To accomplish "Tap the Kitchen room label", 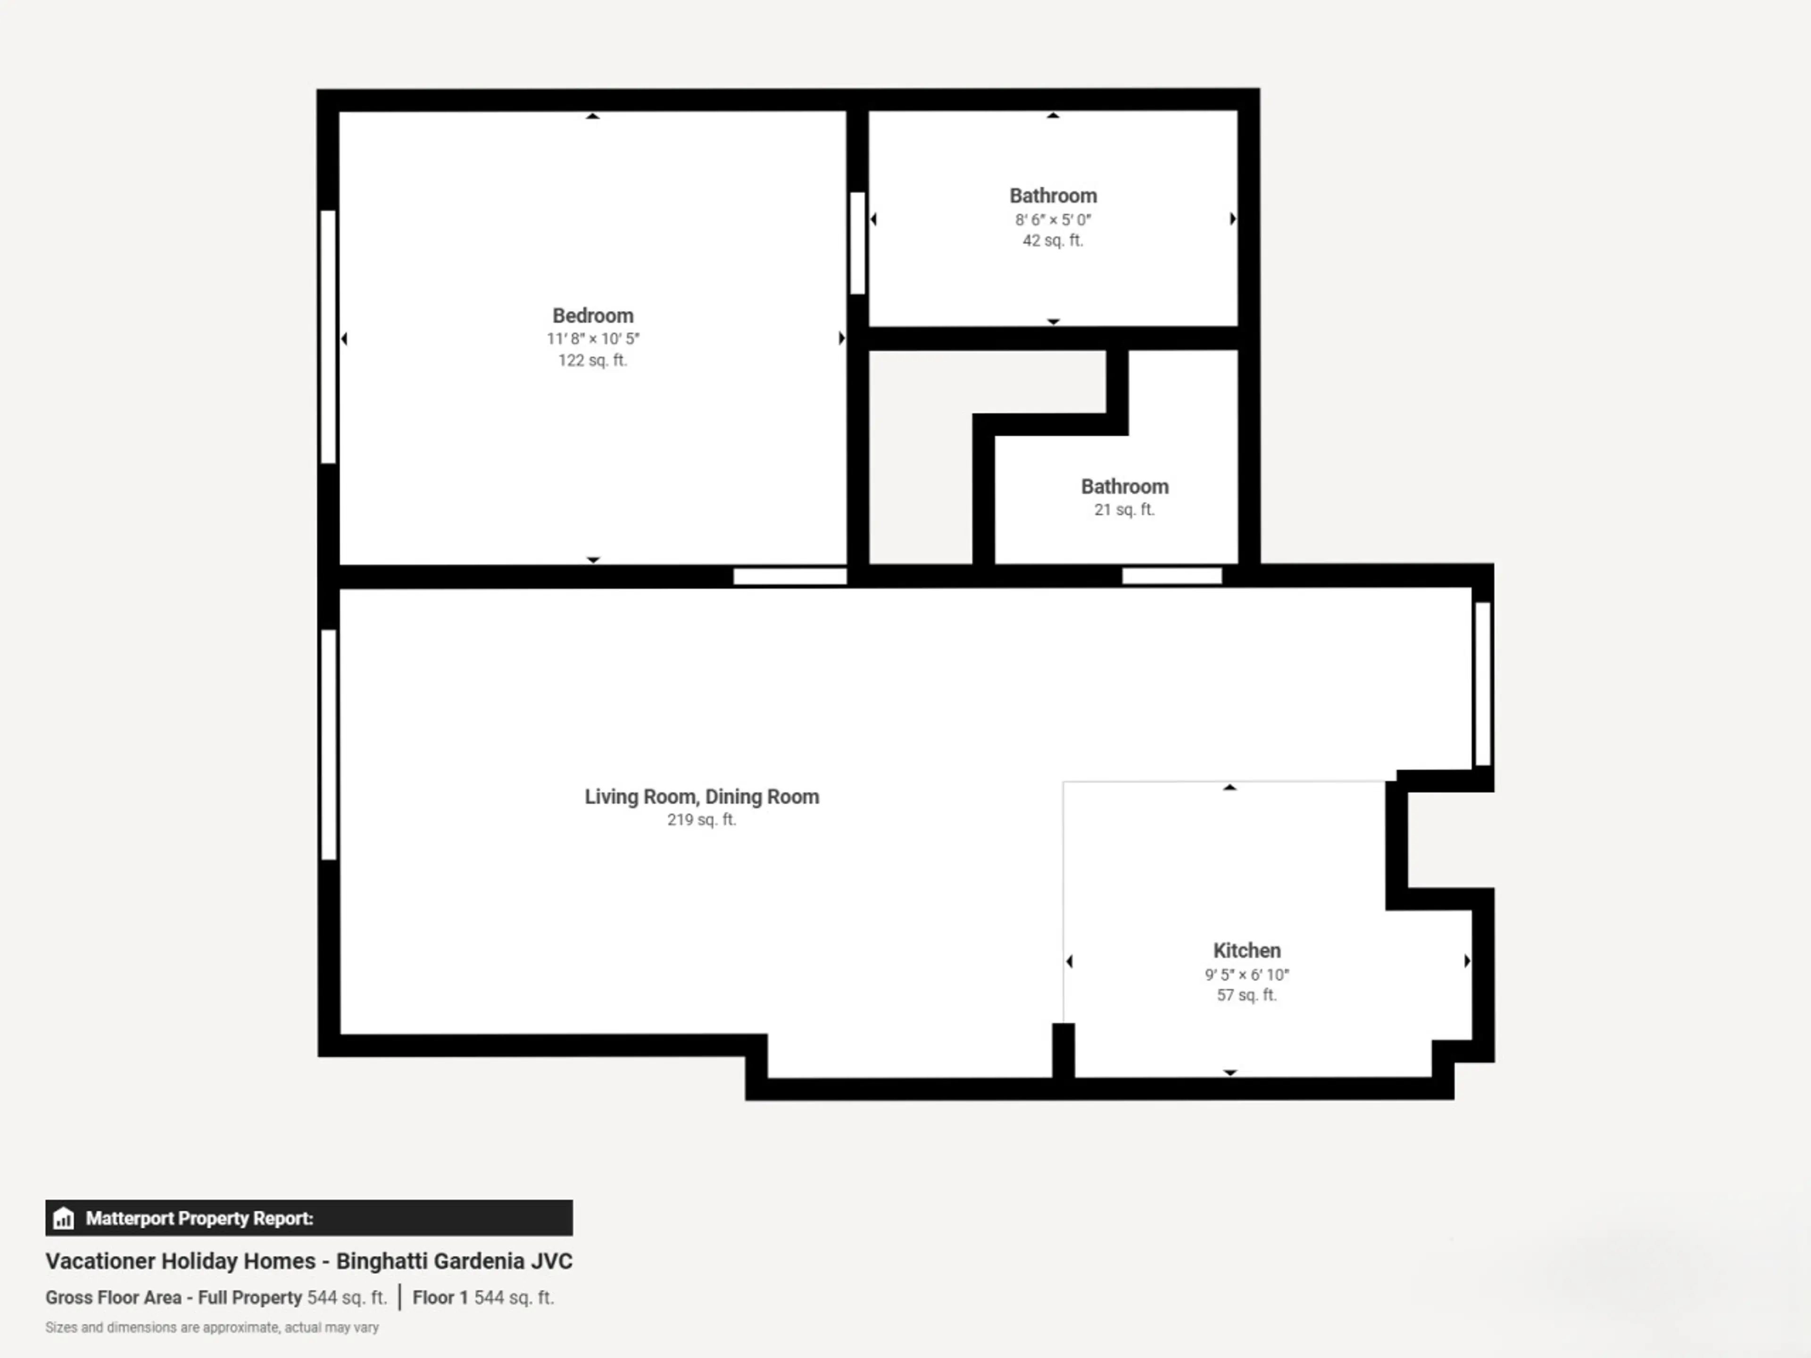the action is click(x=1246, y=950).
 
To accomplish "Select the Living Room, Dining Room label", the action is click(x=702, y=796).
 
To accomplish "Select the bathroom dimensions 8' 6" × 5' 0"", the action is click(x=1053, y=219).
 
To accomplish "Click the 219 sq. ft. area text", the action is click(x=702, y=820).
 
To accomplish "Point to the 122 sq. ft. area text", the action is click(x=593, y=360).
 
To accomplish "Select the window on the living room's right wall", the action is click(x=1483, y=684).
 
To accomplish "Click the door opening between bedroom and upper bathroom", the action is click(x=857, y=242).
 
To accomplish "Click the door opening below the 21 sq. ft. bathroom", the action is click(x=1171, y=575).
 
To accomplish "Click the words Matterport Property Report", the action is click(x=199, y=1218).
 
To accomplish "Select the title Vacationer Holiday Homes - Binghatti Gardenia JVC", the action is click(x=308, y=1260).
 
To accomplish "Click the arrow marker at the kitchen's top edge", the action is click(x=1229, y=787).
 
